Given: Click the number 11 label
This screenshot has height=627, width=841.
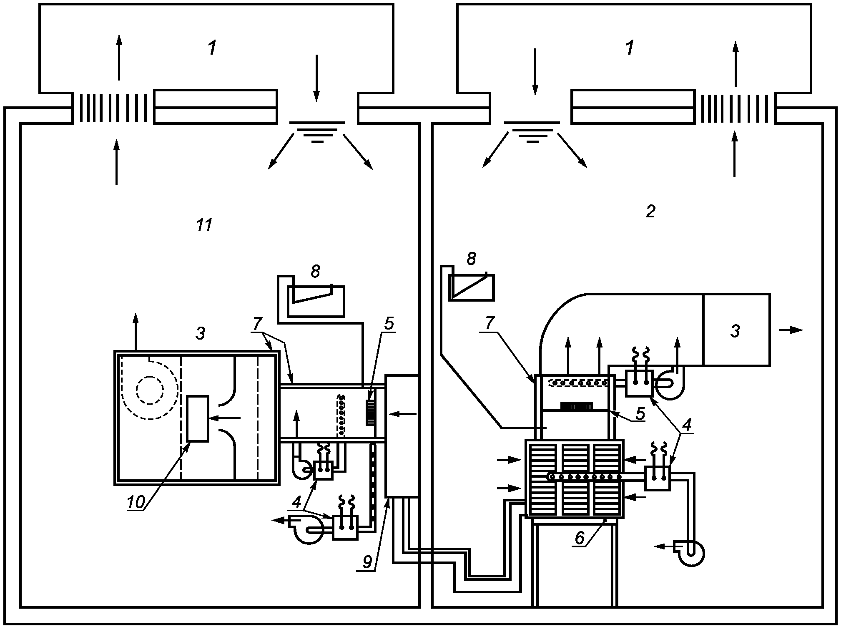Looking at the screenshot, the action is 204,225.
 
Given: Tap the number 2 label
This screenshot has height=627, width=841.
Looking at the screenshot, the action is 650,212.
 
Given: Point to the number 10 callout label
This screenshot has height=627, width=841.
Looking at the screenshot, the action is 136,503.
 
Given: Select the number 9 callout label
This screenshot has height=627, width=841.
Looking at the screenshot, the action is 367,562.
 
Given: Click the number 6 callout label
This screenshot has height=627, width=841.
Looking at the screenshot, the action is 579,538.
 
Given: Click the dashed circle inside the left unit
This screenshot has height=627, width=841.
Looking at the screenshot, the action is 150,390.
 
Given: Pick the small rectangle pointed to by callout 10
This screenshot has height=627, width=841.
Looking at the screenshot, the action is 197,418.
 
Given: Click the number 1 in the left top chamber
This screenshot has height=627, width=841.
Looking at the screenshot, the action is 212,48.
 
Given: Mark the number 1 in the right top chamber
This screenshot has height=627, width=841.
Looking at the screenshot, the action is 630,48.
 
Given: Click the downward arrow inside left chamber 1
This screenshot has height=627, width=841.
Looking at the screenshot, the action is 316,78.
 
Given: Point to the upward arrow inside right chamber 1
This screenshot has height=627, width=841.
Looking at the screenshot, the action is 736,64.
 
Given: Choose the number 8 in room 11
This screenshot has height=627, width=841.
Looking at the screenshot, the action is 316,272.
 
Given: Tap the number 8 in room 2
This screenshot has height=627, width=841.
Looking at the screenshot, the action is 471,259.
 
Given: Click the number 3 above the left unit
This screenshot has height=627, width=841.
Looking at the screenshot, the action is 201,333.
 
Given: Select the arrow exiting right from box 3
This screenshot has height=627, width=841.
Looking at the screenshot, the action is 791,330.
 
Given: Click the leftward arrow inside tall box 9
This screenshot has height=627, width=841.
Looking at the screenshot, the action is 402,414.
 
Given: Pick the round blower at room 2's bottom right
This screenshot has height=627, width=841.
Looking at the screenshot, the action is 690,553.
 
